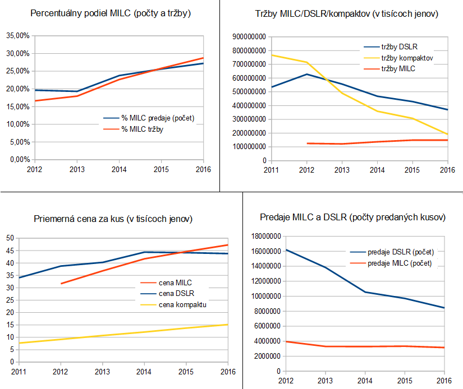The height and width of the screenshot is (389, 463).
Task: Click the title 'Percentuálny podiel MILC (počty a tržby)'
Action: (x=111, y=12)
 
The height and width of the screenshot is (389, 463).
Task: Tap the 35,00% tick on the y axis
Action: (x=19, y=35)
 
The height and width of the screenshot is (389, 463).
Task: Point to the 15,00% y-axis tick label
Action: (x=19, y=106)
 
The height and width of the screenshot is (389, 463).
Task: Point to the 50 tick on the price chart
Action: (x=9, y=238)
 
